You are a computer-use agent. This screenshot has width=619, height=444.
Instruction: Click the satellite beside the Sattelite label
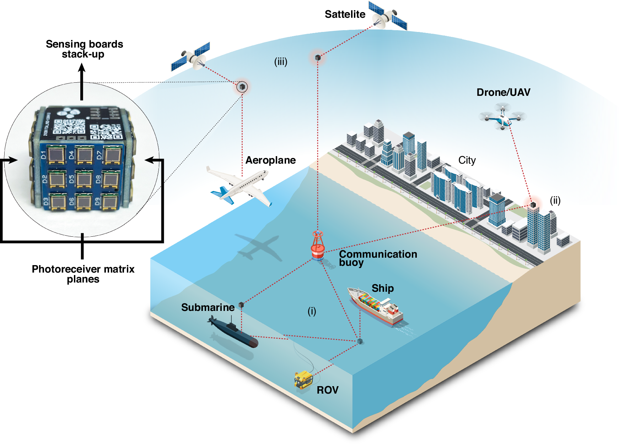pos(387,16)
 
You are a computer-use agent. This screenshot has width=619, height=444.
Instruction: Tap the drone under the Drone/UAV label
pos(502,116)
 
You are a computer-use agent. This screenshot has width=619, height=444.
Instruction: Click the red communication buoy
pos(318,246)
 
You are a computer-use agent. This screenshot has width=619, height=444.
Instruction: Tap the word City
pos(467,160)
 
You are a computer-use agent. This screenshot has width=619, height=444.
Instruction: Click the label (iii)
pos(280,62)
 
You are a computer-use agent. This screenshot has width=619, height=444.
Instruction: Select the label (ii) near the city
pos(555,201)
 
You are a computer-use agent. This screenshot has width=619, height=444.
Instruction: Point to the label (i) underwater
pos(312,311)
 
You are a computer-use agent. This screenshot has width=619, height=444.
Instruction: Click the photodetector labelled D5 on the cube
pos(85,179)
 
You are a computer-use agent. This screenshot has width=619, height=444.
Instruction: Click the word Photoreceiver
pos(59,269)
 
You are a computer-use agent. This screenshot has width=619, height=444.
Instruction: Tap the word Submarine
pos(208,307)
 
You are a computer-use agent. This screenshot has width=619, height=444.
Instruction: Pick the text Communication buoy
pos(378,258)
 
